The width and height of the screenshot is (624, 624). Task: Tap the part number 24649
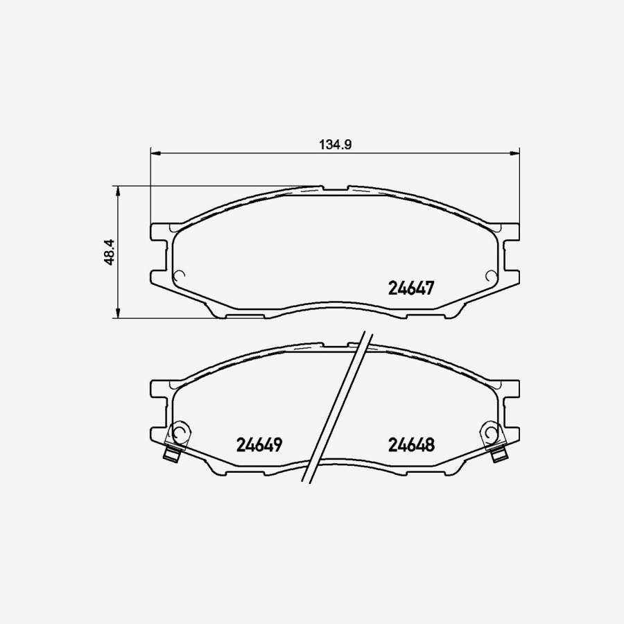coord(259,444)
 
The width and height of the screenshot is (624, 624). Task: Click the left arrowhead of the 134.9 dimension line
coord(155,152)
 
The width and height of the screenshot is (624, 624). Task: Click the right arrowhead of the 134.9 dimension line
coord(514,152)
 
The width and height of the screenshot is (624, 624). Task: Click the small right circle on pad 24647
coord(491,275)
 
